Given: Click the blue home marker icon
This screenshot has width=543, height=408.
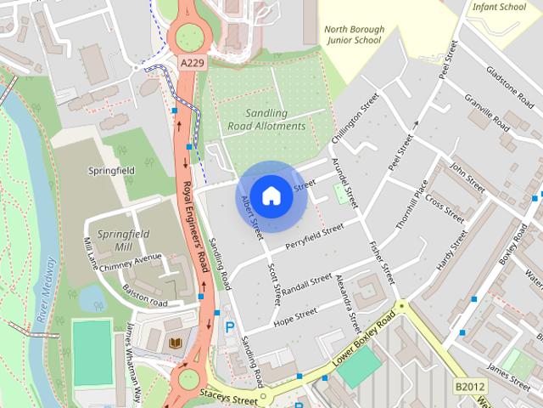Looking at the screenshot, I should pyautogui.click(x=271, y=196).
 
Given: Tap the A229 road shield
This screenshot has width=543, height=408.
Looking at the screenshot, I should pyautogui.click(x=193, y=64).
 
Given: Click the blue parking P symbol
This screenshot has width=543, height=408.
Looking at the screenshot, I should pyautogui.click(x=228, y=327).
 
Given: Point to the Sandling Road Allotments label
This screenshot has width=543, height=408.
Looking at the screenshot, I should pyautogui.click(x=266, y=119).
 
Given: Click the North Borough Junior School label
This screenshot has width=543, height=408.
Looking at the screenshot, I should pyautogui.click(x=354, y=35).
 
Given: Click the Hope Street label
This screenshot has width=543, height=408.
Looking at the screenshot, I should pyautogui.click(x=294, y=316).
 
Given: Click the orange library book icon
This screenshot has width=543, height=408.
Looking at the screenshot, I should pyautogui.click(x=176, y=342).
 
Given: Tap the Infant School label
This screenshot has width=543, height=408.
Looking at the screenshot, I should pyautogui.click(x=501, y=8).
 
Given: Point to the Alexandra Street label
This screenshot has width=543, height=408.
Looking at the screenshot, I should pyautogui.click(x=349, y=303).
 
